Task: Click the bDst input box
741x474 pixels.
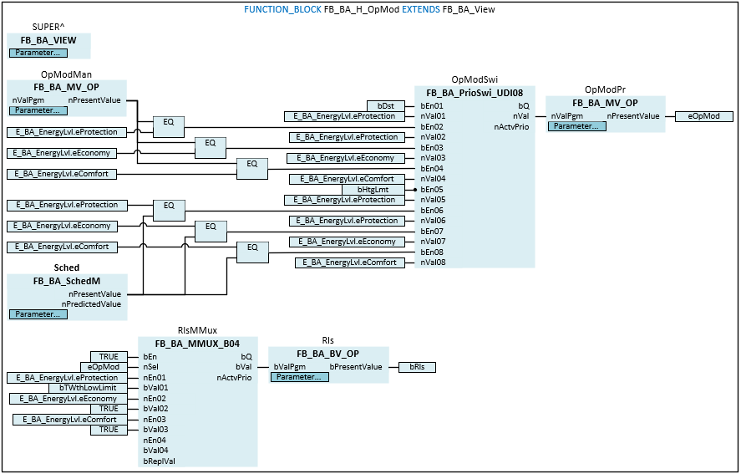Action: point(386,106)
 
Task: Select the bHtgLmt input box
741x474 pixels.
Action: point(373,190)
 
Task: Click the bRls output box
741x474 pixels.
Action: point(417,367)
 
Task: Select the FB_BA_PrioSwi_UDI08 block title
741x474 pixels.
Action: point(474,93)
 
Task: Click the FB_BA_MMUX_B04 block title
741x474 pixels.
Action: point(197,344)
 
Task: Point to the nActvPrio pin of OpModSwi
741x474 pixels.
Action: point(511,127)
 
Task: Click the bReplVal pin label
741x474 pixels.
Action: point(159,461)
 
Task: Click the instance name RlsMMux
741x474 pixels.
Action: point(197,330)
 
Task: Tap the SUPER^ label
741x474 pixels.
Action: point(49,28)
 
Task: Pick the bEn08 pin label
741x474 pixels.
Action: point(432,252)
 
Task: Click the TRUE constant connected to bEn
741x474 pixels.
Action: point(109,357)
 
